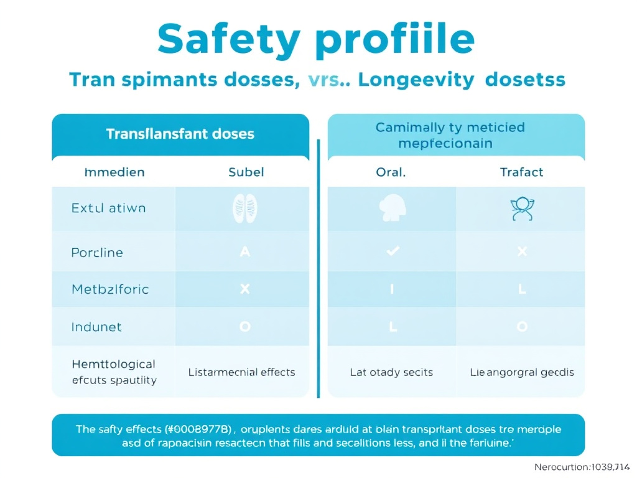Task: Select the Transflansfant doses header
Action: pos(180,133)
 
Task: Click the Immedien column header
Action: pos(114,172)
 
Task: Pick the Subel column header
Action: pos(246,172)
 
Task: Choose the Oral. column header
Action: pos(391,172)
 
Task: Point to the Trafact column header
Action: pos(521,172)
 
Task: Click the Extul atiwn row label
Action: pos(109,208)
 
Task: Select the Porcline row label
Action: pos(97,252)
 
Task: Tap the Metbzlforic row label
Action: pos(110,289)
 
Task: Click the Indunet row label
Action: pos(96,326)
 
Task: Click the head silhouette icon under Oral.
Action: pos(391,209)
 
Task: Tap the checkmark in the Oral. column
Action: pos(393,251)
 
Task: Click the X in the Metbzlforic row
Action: pos(244,289)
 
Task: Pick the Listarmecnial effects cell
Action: pos(241,372)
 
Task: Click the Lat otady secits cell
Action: pos(391,372)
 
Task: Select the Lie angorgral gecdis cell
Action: pos(521,372)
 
